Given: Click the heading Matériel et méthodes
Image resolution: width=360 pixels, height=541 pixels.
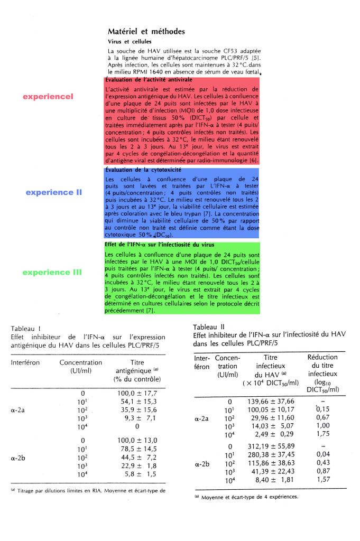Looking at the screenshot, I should (x=146, y=32).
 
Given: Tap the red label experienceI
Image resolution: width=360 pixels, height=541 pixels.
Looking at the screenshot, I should (x=48, y=97).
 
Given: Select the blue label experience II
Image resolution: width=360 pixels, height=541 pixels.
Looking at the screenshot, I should (x=54, y=192).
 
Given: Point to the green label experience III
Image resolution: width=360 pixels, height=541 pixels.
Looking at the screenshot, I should (x=52, y=273).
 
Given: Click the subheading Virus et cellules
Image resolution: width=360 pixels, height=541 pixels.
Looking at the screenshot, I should (x=129, y=41).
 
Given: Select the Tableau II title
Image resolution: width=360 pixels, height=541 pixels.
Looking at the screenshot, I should (x=207, y=325).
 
